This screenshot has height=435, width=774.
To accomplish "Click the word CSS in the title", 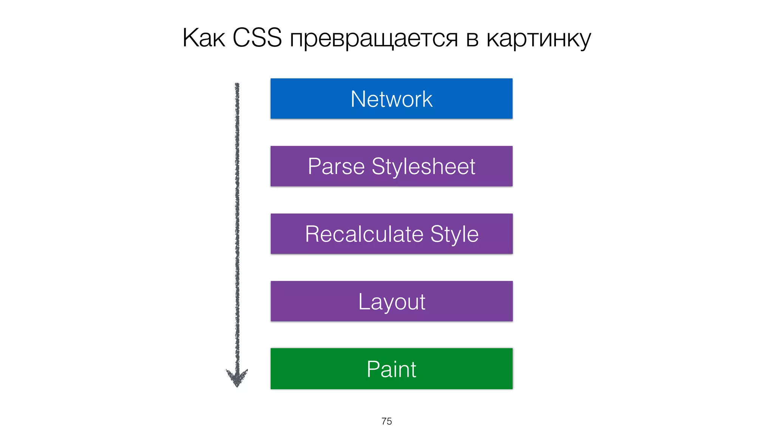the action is point(257,38).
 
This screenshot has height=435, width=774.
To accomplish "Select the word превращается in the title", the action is point(374,39).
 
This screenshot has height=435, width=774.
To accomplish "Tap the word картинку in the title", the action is point(539,39).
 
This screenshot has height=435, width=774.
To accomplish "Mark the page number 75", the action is point(387,421).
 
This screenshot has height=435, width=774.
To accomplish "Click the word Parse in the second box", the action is point(336,167).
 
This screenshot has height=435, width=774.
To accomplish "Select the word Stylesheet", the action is point(423,167).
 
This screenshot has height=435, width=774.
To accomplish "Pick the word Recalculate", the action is point(364,234).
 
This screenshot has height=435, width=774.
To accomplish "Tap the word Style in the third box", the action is point(455,234).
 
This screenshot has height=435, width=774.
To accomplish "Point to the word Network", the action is point(392,99).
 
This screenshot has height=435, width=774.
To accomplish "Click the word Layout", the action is point(392,302).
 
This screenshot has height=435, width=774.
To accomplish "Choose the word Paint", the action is point(392,369).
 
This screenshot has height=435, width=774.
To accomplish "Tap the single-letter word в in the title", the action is point(472,39).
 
